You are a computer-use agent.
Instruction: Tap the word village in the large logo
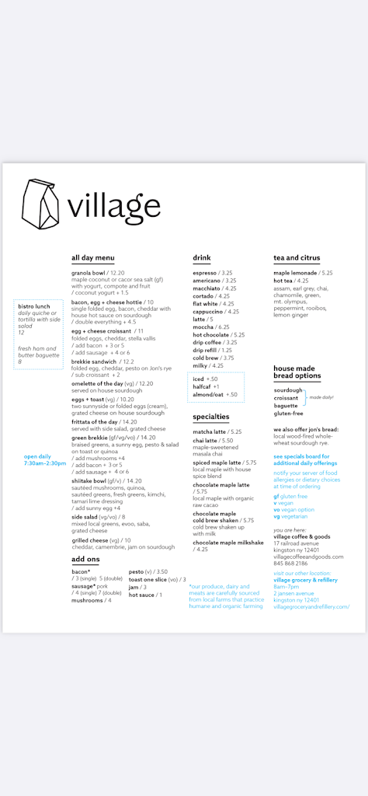[x=113, y=206]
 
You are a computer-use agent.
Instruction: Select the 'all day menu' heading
[x=93, y=258]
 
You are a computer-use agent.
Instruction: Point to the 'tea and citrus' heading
[x=297, y=258]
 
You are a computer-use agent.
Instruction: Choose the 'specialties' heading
[x=211, y=417]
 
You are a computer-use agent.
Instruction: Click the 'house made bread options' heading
[x=297, y=372]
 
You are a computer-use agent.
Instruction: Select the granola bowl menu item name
[x=89, y=273]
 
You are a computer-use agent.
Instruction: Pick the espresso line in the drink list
[x=205, y=273]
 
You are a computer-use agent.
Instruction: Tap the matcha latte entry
[x=208, y=431]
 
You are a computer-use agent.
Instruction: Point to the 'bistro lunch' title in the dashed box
[x=34, y=306]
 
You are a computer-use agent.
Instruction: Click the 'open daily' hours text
[x=37, y=456]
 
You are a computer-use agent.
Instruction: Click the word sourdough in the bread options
[x=288, y=390]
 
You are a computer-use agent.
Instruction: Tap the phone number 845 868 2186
[x=290, y=563]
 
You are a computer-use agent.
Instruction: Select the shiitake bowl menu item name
[x=92, y=480]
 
